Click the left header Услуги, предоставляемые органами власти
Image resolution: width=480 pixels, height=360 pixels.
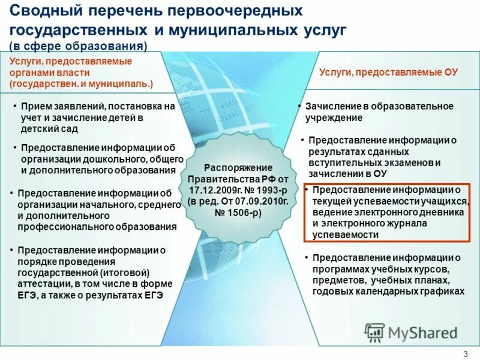[x=81, y=73]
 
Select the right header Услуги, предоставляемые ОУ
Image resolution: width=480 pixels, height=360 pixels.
[x=388, y=72]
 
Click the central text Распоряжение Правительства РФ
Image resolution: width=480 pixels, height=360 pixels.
[x=238, y=173]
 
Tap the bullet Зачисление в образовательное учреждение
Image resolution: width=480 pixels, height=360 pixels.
[x=378, y=112]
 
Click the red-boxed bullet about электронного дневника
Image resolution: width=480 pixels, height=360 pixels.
[x=387, y=212]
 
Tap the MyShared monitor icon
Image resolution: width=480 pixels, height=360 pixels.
[x=375, y=332]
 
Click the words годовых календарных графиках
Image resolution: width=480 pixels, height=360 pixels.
[x=388, y=290]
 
